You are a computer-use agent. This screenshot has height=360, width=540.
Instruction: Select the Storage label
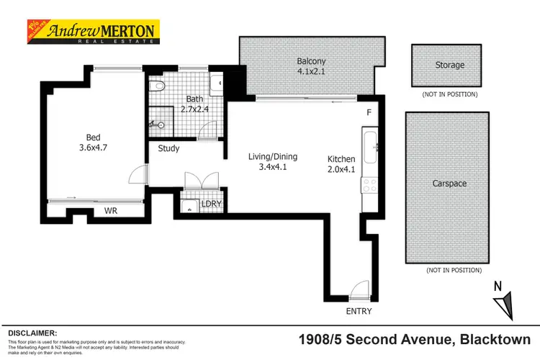pos(449,65)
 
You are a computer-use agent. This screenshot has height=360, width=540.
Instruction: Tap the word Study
pos(168,149)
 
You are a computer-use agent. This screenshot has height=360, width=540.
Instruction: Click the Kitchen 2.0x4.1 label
pos(341,165)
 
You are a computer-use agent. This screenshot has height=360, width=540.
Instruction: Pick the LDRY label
pos(211,204)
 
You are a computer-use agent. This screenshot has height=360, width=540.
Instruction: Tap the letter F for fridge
pos(368,113)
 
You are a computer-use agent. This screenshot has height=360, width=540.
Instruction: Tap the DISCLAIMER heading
pos(32,333)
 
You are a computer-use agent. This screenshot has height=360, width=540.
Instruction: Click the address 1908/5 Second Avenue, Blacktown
pos(415,339)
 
